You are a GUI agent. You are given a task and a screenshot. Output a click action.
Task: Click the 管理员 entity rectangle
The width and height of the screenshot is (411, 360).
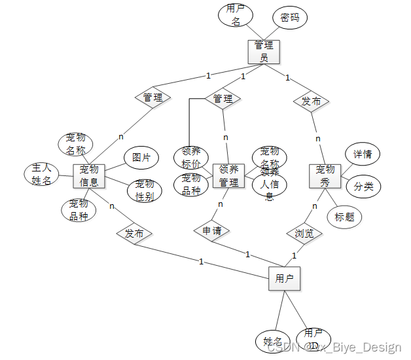tap(264, 51)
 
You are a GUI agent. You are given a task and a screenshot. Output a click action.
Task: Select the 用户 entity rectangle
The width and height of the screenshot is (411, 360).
tap(284, 278)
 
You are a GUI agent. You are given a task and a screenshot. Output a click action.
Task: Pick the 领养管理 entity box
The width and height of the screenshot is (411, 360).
tap(228, 175)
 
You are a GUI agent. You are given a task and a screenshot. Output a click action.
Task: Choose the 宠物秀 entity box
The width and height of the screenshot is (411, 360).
tap(325, 175)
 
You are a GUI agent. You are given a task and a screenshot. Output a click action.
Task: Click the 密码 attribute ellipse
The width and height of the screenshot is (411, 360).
tap(290, 18)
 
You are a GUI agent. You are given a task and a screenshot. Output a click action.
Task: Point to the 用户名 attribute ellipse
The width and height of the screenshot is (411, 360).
tap(236, 14)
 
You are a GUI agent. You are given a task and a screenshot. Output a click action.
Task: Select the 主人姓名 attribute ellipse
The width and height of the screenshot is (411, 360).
tap(41, 175)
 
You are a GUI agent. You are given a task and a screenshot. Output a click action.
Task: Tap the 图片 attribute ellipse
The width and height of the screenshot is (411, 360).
tap(141, 157)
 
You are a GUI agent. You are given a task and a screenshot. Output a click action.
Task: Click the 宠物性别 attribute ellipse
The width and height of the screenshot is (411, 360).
tap(145, 190)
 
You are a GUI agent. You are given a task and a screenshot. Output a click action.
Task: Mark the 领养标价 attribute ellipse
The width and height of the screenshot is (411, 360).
tap(190, 157)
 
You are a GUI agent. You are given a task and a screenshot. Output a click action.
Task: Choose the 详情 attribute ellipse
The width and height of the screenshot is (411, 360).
tap(363, 154)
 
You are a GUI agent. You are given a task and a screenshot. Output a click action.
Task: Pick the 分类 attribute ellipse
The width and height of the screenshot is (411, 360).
tap(363, 186)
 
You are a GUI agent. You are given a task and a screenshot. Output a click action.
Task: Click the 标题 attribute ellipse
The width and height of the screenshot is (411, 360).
tap(344, 217)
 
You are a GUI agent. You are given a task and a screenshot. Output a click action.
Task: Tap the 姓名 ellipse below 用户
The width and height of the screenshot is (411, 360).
tap(272, 341)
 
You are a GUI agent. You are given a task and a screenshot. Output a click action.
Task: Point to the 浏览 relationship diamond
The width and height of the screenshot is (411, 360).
tap(304, 233)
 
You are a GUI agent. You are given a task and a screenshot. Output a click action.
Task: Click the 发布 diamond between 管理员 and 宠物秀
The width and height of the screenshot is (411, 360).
tap(311, 101)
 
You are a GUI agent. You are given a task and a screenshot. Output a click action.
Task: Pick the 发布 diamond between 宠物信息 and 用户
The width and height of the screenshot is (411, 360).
tap(134, 234)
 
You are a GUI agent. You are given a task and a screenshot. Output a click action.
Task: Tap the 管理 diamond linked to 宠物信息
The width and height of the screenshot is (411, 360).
tap(152, 98)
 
